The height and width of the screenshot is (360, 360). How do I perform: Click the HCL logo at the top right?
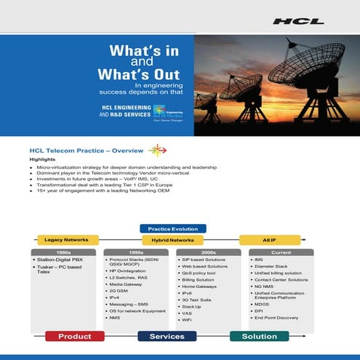(298, 22)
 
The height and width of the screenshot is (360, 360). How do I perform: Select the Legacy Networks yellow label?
(66, 239)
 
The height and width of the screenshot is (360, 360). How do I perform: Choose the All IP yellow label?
(268, 239)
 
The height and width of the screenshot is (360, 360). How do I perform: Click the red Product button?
(74, 337)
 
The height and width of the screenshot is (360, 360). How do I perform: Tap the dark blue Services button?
(167, 337)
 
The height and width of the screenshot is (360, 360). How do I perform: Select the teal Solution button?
(258, 337)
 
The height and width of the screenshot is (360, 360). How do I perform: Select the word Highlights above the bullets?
(42, 159)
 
